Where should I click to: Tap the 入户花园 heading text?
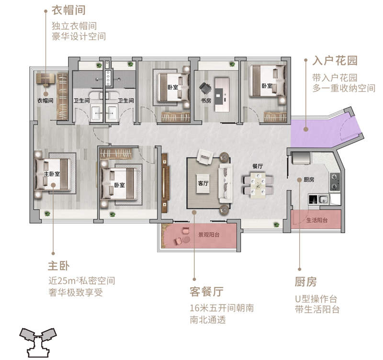coord(335,61)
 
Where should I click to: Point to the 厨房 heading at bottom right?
coord(306,281)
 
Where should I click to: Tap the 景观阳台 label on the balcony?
coord(209,235)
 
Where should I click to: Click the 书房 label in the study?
coord(206,101)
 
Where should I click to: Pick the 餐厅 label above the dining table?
coord(258,166)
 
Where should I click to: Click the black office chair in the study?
coord(206,88)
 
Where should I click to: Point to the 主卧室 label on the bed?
coord(51,174)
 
